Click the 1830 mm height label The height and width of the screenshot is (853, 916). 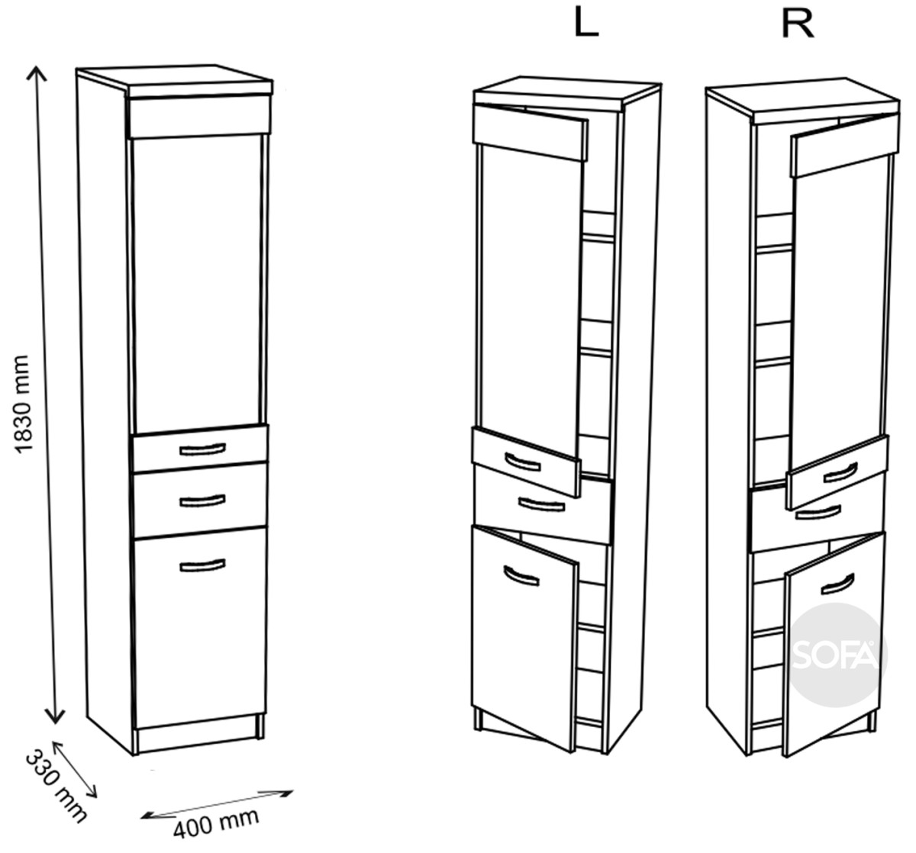[21, 404]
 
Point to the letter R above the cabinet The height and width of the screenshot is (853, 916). [798, 24]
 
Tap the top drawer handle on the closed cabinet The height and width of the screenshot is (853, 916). [202, 449]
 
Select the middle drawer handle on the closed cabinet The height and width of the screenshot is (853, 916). [202, 501]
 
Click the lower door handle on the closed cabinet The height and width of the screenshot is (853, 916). [202, 565]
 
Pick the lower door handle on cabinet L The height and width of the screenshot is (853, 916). [521, 576]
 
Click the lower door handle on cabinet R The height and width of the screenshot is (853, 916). [837, 584]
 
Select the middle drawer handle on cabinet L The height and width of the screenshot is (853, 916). [541, 504]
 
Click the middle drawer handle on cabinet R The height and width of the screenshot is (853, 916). [818, 513]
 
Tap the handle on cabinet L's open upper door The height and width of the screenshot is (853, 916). [523, 462]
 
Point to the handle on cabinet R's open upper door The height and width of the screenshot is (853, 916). [840, 472]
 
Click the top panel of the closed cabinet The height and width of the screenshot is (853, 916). [175, 81]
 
